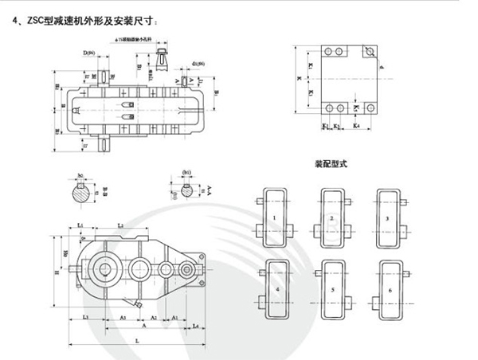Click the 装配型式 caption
[x=332, y=165]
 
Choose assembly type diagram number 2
[x=331, y=216]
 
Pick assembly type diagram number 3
[x=386, y=216]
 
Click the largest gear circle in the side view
[x=105, y=267]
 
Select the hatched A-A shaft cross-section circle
[x=187, y=190]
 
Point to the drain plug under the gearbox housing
[x=138, y=304]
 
